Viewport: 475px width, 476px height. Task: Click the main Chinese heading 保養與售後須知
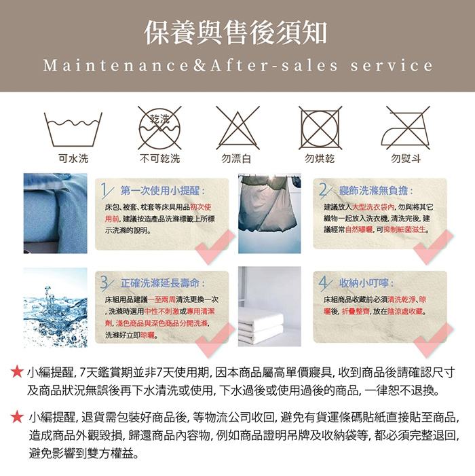(235, 33)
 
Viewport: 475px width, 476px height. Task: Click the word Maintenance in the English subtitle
(115, 66)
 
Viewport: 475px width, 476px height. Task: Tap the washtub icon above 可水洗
(73, 130)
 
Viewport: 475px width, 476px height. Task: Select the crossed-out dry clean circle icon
(159, 128)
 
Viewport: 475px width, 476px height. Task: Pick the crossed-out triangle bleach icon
(237, 128)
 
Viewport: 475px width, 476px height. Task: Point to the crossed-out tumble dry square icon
(320, 128)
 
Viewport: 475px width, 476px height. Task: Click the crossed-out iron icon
(406, 128)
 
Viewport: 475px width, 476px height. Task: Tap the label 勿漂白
(236, 158)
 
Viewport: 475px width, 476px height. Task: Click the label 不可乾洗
(160, 158)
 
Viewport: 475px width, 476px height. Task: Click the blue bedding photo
(56, 213)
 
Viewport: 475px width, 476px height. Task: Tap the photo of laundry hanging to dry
(269, 213)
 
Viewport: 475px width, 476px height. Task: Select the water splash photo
(56, 307)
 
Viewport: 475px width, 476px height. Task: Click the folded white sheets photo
(269, 306)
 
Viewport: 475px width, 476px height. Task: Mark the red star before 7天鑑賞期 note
(17, 372)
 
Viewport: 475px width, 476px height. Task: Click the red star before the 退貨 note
(17, 417)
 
